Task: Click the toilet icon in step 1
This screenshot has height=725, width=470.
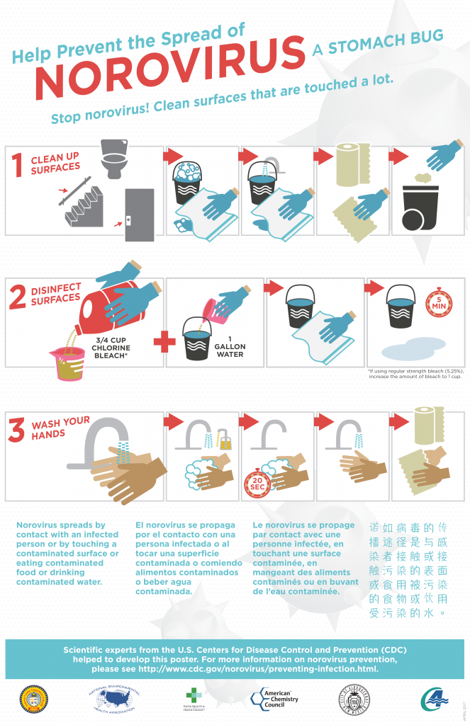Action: point(114,158)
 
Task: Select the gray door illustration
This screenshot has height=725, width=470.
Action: point(139,214)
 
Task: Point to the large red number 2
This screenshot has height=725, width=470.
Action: point(18,297)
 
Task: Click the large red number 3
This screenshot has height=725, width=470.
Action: point(16,431)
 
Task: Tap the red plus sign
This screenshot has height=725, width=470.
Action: point(164,342)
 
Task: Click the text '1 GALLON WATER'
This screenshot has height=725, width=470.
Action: point(230,347)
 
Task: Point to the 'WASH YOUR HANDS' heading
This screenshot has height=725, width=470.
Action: point(60,428)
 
